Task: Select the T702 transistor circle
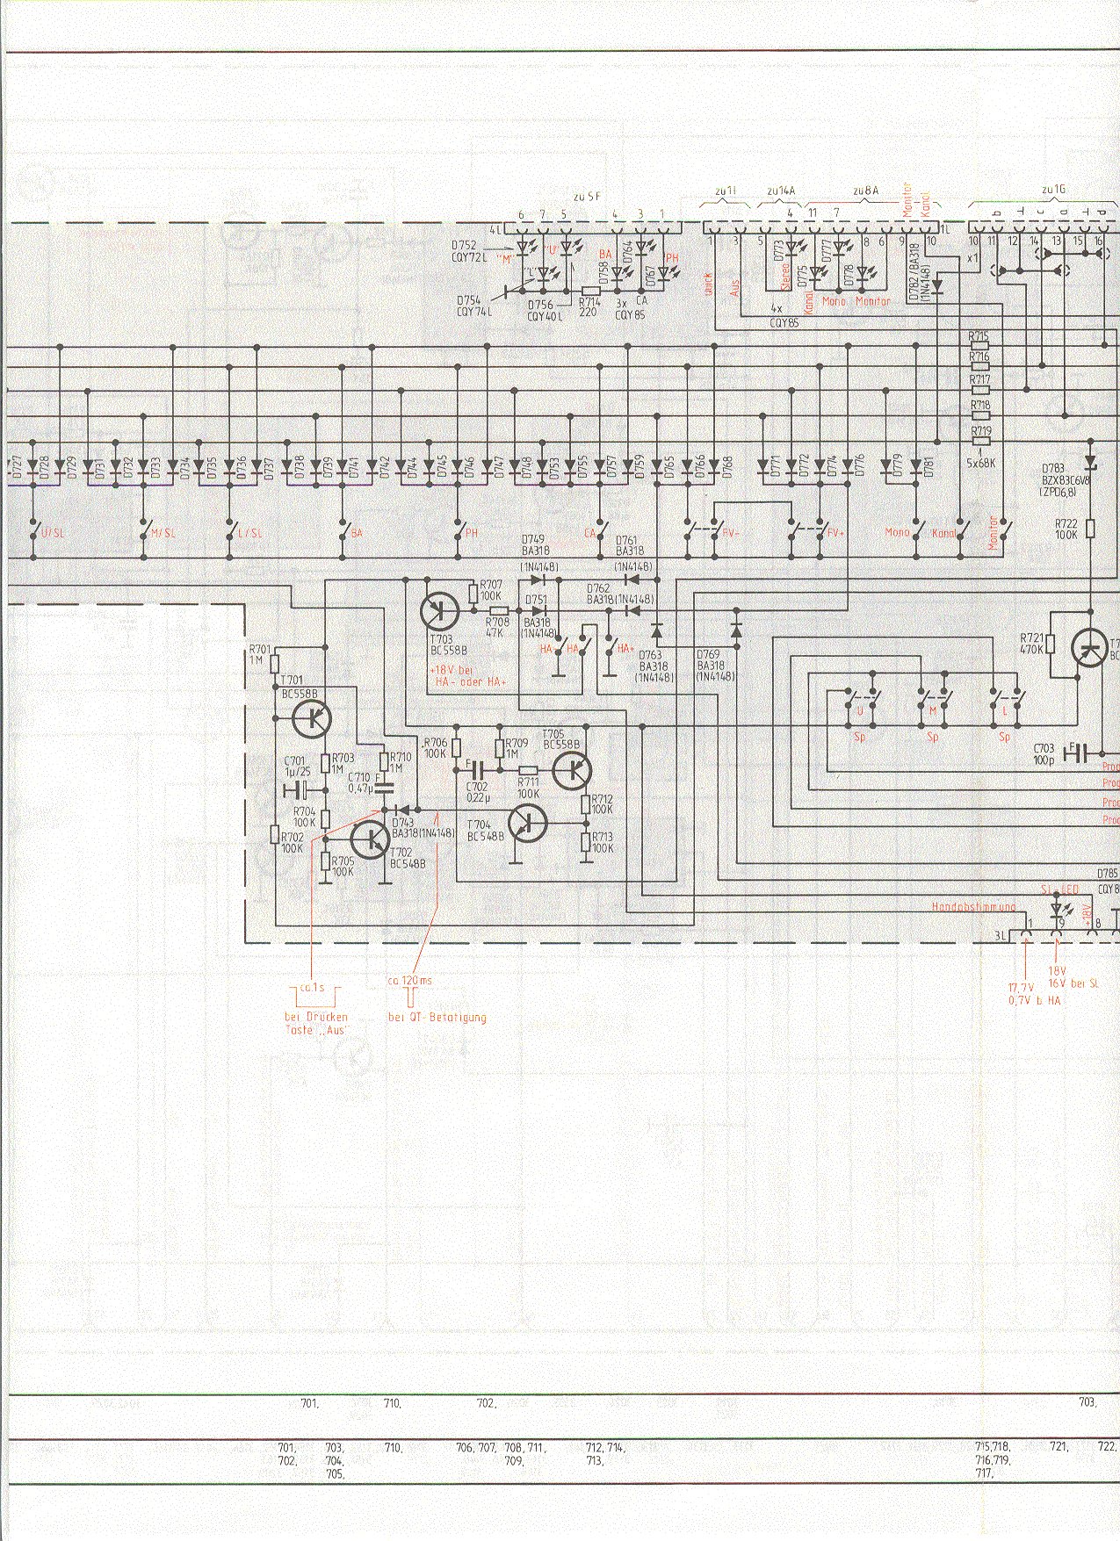[371, 839]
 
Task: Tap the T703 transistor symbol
[439, 609]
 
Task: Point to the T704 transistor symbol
[528, 823]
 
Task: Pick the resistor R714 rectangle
[591, 290]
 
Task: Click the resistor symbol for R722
[1090, 529]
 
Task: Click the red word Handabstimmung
[973, 906]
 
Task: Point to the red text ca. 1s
[312, 988]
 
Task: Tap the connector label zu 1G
[1053, 189]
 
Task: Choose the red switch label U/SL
[41, 533]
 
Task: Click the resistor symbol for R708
[498, 610]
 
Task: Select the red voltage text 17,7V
[1022, 988]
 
